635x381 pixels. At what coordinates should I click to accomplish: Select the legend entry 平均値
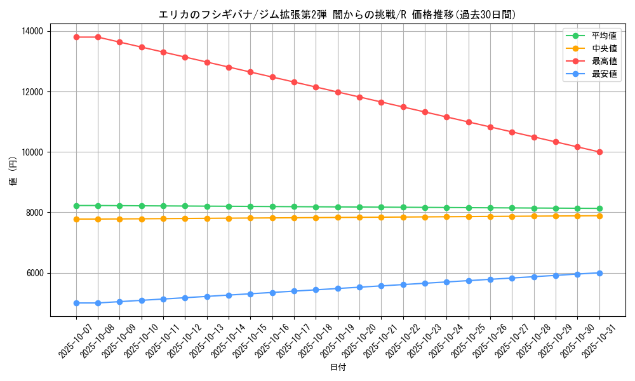point(604,36)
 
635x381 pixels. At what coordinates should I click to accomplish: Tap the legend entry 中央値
point(604,48)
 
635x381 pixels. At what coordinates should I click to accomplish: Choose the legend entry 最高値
point(604,62)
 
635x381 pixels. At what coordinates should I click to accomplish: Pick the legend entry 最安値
point(604,74)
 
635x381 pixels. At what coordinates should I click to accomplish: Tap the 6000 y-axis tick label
point(33,273)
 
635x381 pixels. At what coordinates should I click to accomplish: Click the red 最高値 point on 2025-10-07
point(76,37)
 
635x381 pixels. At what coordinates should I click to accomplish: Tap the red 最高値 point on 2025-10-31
point(599,152)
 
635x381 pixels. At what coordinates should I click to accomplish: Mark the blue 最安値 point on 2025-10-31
point(599,273)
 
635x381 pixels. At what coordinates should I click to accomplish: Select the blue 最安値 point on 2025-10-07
point(76,303)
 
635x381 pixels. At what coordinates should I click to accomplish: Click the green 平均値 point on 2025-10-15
point(251,206)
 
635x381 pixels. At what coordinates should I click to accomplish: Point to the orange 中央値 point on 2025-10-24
point(447,217)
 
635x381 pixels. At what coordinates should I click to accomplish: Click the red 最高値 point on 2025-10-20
point(359,97)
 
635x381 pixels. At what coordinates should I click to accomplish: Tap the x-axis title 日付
point(338,368)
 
